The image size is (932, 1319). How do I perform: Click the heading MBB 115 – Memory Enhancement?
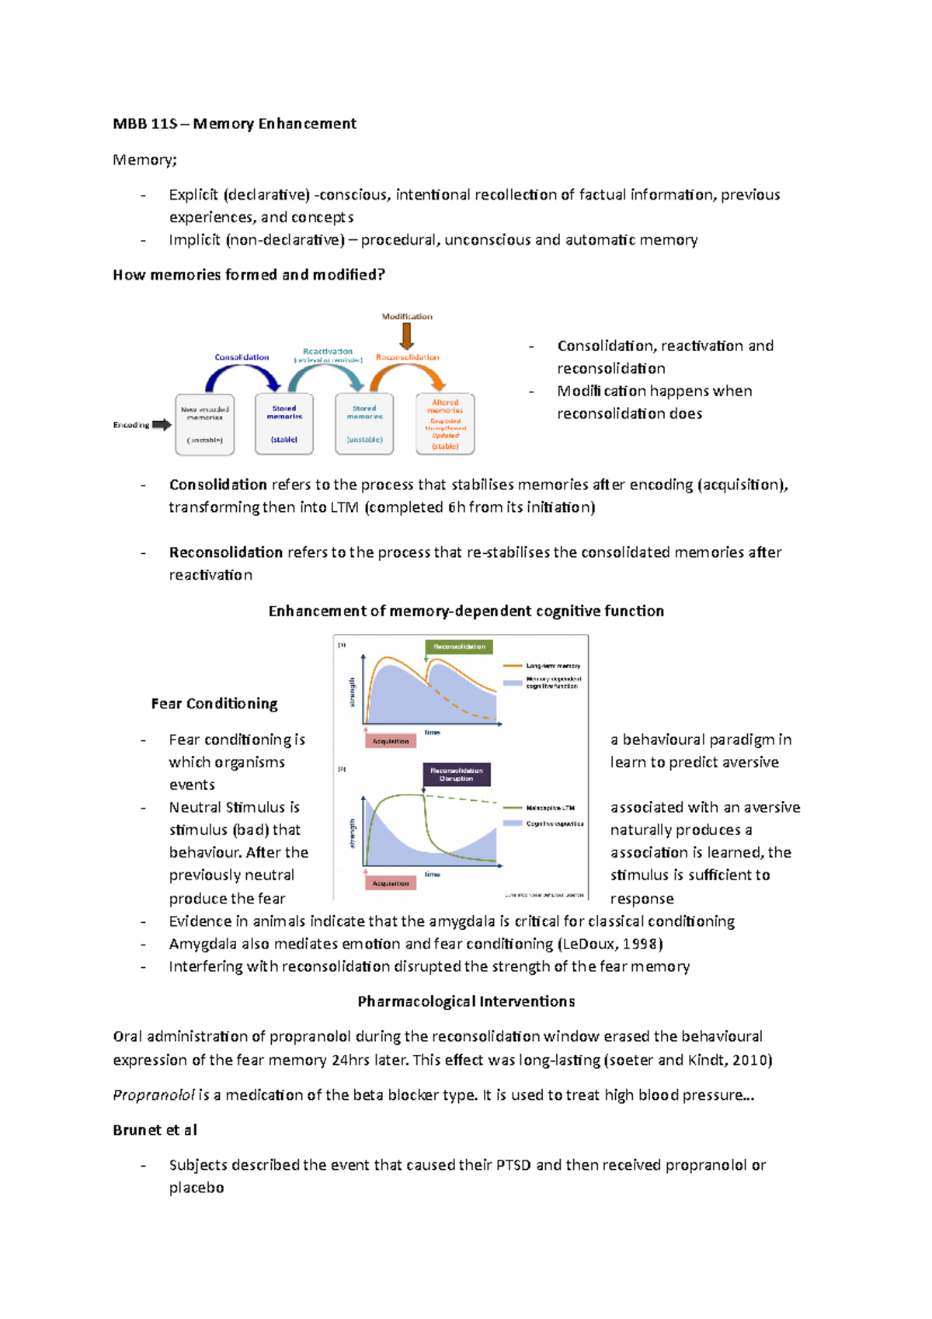point(234,124)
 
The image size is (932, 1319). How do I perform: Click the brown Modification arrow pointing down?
point(406,336)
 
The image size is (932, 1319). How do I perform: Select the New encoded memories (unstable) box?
point(204,424)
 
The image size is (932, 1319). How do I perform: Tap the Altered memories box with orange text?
point(445,424)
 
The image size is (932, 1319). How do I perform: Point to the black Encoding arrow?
point(162,425)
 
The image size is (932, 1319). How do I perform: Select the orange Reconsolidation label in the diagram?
point(408,357)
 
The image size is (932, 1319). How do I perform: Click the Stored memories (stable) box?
point(284,424)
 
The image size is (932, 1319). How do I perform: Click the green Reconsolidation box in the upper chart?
point(459,646)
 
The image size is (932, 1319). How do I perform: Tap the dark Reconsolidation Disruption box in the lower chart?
point(456,774)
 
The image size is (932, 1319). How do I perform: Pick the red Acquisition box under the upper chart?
point(391,741)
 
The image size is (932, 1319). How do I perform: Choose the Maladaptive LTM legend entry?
point(541,808)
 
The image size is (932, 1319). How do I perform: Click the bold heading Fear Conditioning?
point(214,704)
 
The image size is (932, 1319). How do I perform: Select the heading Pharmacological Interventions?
point(466,1001)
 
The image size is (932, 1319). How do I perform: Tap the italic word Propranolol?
point(154,1095)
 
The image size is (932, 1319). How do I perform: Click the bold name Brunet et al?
point(155,1130)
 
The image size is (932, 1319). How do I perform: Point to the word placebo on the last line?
point(196,1188)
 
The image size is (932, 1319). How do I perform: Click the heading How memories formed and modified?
point(249,275)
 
